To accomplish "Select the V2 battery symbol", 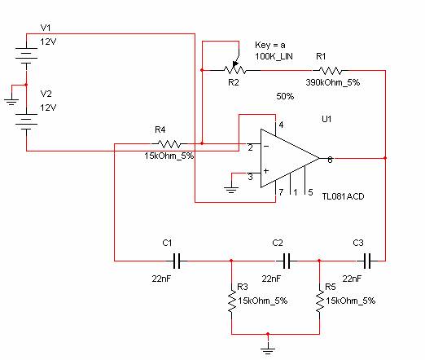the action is point(26,121).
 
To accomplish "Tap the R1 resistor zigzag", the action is point(330,71).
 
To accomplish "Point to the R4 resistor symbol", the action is point(169,143).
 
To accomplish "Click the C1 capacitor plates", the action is point(177,261).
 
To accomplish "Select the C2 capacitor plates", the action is point(287,261).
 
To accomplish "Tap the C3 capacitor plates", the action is point(366,261).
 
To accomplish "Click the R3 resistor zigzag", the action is point(231,301).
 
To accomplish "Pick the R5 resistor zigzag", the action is point(320,301).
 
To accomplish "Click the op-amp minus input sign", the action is point(266,147).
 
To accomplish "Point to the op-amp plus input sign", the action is point(266,171).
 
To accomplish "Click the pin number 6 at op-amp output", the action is point(330,160).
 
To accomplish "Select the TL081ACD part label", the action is point(343,196).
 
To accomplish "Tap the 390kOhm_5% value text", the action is point(333,82).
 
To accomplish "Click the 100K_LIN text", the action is point(274,56).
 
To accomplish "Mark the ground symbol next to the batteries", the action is point(11,102).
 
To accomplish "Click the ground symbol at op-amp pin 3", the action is point(231,190).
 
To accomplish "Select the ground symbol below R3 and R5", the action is point(268,351).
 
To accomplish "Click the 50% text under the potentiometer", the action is point(285,96).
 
